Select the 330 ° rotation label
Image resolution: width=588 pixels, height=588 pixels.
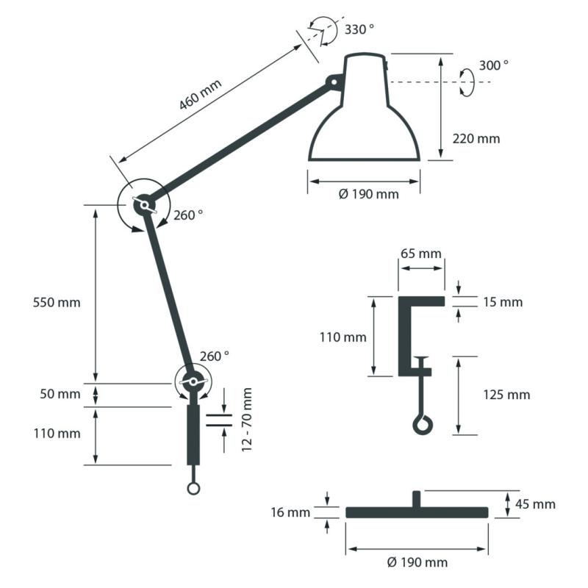pyautogui.click(x=359, y=29)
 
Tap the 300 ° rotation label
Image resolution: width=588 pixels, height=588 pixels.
pyautogui.click(x=493, y=65)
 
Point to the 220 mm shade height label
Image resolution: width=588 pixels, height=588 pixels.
pyautogui.click(x=476, y=138)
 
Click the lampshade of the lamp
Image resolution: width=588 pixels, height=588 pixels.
pyautogui.click(x=365, y=118)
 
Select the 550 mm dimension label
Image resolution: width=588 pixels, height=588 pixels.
pyautogui.click(x=57, y=302)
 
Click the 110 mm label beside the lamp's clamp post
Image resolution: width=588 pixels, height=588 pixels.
pyautogui.click(x=57, y=433)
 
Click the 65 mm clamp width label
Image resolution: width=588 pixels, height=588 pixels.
pyautogui.click(x=421, y=254)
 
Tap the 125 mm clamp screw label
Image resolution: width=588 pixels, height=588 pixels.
pyautogui.click(x=506, y=395)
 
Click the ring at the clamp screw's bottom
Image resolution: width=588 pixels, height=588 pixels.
pyautogui.click(x=422, y=424)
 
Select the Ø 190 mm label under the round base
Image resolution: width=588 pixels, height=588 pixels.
pyautogui.click(x=417, y=562)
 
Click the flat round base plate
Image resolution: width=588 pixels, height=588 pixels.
pyautogui.click(x=417, y=512)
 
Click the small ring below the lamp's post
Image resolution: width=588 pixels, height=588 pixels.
pyautogui.click(x=193, y=488)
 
